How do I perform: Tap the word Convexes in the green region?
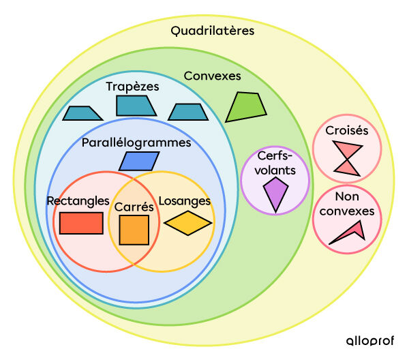[212, 76]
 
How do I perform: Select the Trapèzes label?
[132, 87]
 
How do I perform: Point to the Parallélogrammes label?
[136, 143]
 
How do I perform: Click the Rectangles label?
[78, 200]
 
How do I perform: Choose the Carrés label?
[133, 206]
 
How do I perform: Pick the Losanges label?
[184, 201]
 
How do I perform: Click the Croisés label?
[346, 130]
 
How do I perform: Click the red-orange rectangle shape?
[81, 223]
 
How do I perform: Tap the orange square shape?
[134, 230]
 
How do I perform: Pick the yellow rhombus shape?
[188, 223]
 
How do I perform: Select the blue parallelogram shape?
[139, 161]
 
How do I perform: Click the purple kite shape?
[275, 193]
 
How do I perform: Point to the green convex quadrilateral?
[245, 107]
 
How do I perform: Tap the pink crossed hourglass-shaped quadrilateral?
[347, 157]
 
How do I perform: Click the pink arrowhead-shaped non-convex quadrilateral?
[350, 232]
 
